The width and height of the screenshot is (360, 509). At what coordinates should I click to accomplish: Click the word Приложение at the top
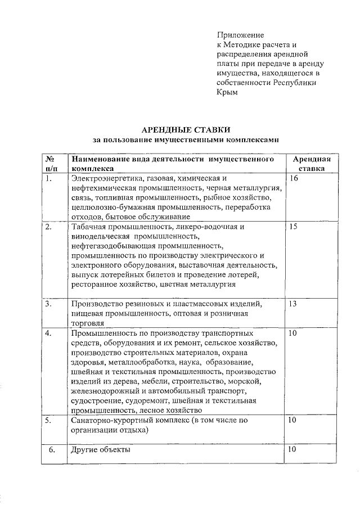(x=240, y=35)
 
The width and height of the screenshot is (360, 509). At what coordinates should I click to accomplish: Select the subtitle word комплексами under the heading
(x=250, y=139)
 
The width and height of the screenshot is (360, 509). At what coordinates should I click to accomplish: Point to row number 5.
(x=49, y=420)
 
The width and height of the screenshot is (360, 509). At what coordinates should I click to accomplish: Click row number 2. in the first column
(x=49, y=227)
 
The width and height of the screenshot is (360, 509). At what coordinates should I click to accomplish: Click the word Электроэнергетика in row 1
(x=105, y=179)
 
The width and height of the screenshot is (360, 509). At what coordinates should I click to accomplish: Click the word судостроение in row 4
(x=93, y=401)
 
